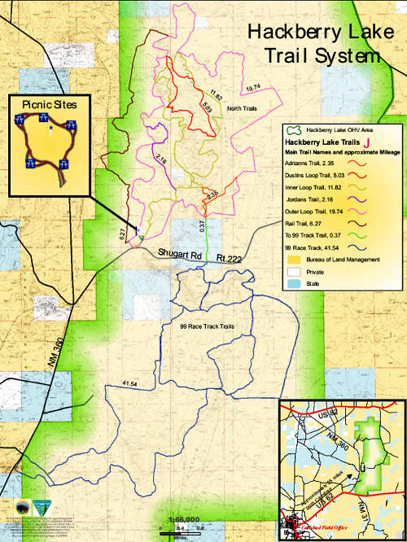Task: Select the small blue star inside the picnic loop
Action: click(50, 128)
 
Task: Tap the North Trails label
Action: click(242, 108)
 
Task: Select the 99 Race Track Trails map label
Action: click(206, 326)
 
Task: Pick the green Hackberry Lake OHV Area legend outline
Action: click(292, 129)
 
